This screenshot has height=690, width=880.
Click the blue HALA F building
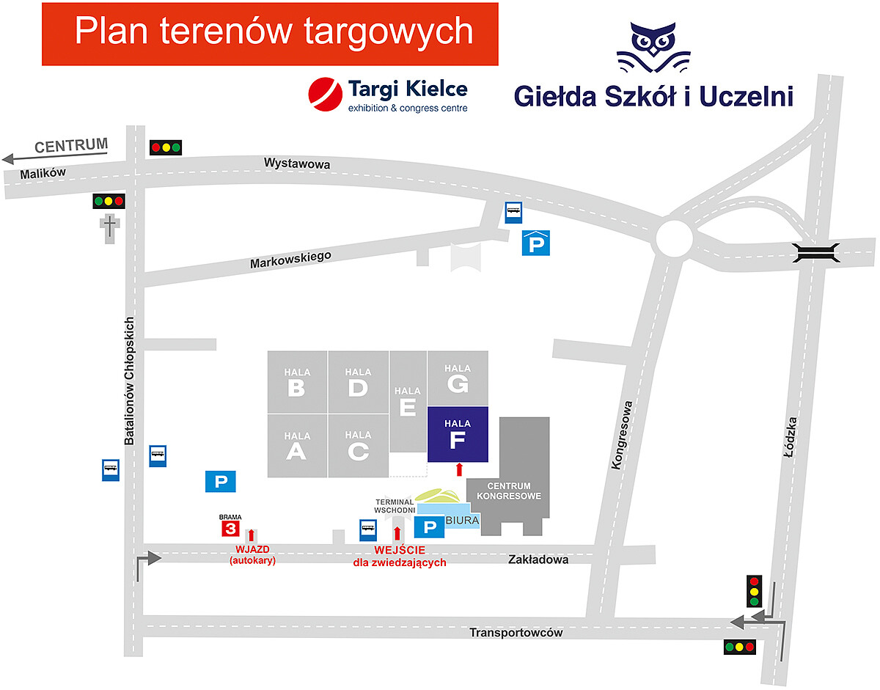(x=458, y=434)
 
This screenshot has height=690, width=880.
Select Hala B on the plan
(x=297, y=381)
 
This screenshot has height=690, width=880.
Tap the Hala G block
(x=458, y=378)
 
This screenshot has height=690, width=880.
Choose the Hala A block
(x=297, y=446)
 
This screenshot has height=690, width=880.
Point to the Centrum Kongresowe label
(x=509, y=491)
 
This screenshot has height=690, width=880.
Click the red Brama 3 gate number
(x=230, y=529)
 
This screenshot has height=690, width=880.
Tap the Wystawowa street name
(x=297, y=164)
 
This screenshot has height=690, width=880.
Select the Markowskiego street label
(x=290, y=259)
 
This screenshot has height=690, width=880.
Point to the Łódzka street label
(x=789, y=438)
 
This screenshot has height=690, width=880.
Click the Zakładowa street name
(x=538, y=559)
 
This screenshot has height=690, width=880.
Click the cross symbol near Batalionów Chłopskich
(x=109, y=226)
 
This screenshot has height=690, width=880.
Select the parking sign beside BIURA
(x=429, y=526)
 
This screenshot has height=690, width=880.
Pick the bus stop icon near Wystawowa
(x=514, y=213)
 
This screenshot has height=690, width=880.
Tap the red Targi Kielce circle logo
(x=326, y=95)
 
